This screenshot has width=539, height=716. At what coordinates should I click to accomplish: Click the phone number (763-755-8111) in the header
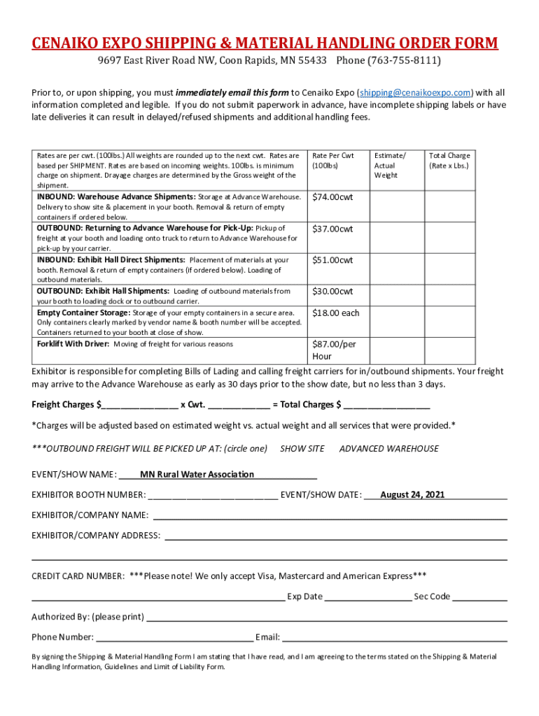click(388, 61)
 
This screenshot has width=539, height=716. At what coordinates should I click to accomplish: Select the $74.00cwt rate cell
click(332, 197)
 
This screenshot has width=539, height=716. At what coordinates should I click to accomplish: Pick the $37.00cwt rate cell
click(332, 229)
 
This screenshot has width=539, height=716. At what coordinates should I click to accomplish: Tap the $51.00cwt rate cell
click(332, 260)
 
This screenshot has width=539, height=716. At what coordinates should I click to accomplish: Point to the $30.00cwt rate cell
click(332, 291)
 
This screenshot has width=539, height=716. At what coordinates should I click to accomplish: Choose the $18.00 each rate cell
click(335, 313)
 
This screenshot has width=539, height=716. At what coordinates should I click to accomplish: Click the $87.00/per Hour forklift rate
click(333, 350)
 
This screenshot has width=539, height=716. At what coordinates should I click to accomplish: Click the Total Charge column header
click(449, 161)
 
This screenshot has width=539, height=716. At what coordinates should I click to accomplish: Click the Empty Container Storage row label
click(83, 313)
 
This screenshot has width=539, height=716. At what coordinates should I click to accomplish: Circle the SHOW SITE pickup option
click(302, 448)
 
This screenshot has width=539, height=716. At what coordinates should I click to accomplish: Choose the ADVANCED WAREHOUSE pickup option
click(389, 448)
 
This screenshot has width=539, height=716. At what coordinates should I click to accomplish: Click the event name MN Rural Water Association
click(197, 474)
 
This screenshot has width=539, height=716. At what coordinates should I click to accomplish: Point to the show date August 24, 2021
click(412, 495)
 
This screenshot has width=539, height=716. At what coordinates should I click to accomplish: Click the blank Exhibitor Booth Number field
click(213, 496)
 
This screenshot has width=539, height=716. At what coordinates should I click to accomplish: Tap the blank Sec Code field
click(479, 597)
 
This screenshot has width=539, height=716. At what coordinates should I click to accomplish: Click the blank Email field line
click(394, 638)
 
